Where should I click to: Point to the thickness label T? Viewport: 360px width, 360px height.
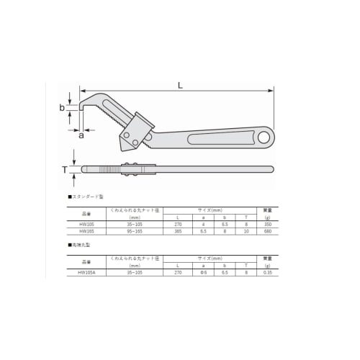point(65,170)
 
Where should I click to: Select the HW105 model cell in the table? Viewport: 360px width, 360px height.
point(87,224)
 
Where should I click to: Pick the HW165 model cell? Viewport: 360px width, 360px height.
point(87,231)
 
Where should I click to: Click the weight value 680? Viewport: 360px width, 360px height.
point(267,231)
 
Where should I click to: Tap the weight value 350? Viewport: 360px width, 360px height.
point(267,224)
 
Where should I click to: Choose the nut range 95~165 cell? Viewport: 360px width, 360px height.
point(135,231)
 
